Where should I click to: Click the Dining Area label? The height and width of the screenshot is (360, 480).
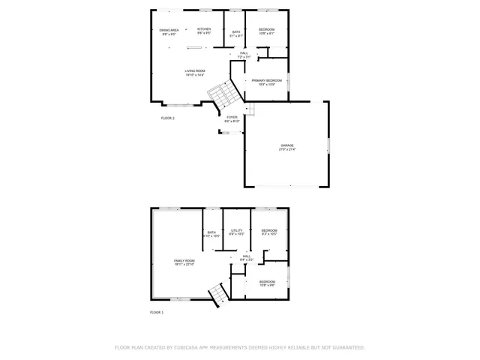tap(168, 30)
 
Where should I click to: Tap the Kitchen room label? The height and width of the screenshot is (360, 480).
tap(204, 30)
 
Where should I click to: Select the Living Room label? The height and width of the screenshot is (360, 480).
tap(195, 71)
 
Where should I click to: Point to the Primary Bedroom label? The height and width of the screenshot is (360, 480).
tap(267, 80)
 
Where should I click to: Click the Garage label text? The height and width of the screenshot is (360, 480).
tap(287, 145)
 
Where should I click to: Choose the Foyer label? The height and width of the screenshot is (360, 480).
tap(232, 117)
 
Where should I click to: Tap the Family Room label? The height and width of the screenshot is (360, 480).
tap(184, 260)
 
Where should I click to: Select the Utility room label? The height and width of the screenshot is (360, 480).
tap(236, 230)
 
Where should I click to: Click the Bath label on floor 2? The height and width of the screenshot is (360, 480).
tap(236, 31)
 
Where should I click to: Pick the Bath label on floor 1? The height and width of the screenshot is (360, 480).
tap(211, 232)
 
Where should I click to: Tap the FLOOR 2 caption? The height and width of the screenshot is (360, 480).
tap(168, 118)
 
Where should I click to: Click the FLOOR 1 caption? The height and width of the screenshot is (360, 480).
tap(157, 311)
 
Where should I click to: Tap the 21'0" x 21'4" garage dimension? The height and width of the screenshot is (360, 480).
tap(287, 149)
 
